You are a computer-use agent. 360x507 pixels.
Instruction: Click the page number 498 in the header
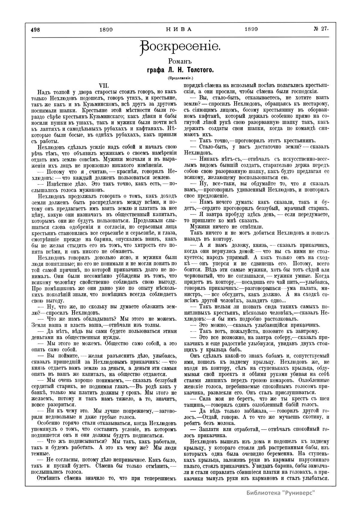coord(35,30)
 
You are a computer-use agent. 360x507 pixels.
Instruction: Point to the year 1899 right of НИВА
coord(251,30)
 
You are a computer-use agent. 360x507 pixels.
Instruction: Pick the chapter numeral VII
coord(103,85)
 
